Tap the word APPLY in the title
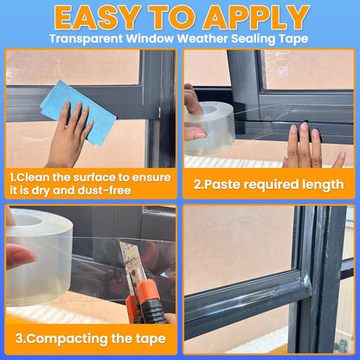coord(256,17)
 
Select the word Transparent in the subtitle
coord(87,39)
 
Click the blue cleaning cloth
coord(79,111)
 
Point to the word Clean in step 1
coord(33,177)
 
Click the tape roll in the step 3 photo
coord(39,257)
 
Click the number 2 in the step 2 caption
coord(197,184)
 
